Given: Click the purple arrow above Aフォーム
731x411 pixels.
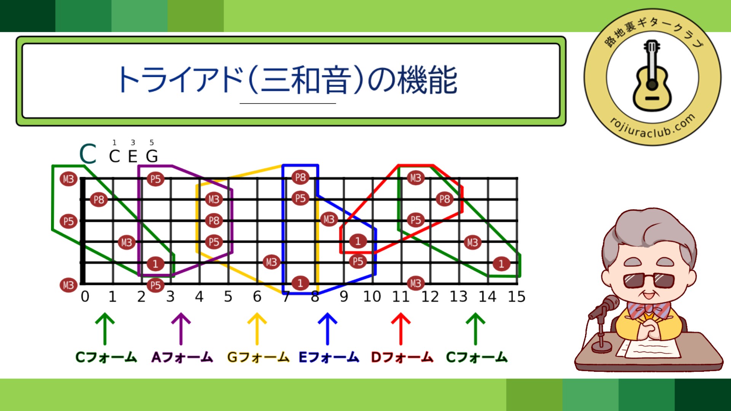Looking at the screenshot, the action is (x=181, y=329).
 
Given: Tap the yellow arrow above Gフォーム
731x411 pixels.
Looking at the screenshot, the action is (x=257, y=329).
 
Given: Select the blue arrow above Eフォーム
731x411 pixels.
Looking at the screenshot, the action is (x=327, y=329).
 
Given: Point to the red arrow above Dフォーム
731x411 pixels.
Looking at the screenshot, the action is (x=401, y=329).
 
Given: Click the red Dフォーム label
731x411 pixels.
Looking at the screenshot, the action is (x=402, y=357).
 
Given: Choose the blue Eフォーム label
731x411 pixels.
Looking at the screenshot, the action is (x=329, y=357).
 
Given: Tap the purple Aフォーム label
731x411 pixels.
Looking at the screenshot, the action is (x=182, y=357).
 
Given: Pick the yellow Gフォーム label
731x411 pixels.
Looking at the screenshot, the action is (x=258, y=357).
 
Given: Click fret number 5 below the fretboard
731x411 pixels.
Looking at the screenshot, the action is (x=228, y=296).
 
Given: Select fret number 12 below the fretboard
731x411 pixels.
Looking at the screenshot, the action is (x=430, y=296).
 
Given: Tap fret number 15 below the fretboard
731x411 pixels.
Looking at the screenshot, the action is (x=517, y=296).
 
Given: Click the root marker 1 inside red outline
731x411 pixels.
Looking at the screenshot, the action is (x=358, y=241).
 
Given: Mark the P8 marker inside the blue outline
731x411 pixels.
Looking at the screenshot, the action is (x=300, y=177).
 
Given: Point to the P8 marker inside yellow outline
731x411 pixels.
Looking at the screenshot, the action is (x=214, y=221).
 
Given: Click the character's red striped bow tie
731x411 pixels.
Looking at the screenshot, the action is (x=648, y=309).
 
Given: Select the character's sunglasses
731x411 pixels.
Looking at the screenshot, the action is (x=649, y=280).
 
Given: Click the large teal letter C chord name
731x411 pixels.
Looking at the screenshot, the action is (x=88, y=154).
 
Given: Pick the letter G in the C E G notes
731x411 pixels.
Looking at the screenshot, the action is (x=152, y=156).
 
